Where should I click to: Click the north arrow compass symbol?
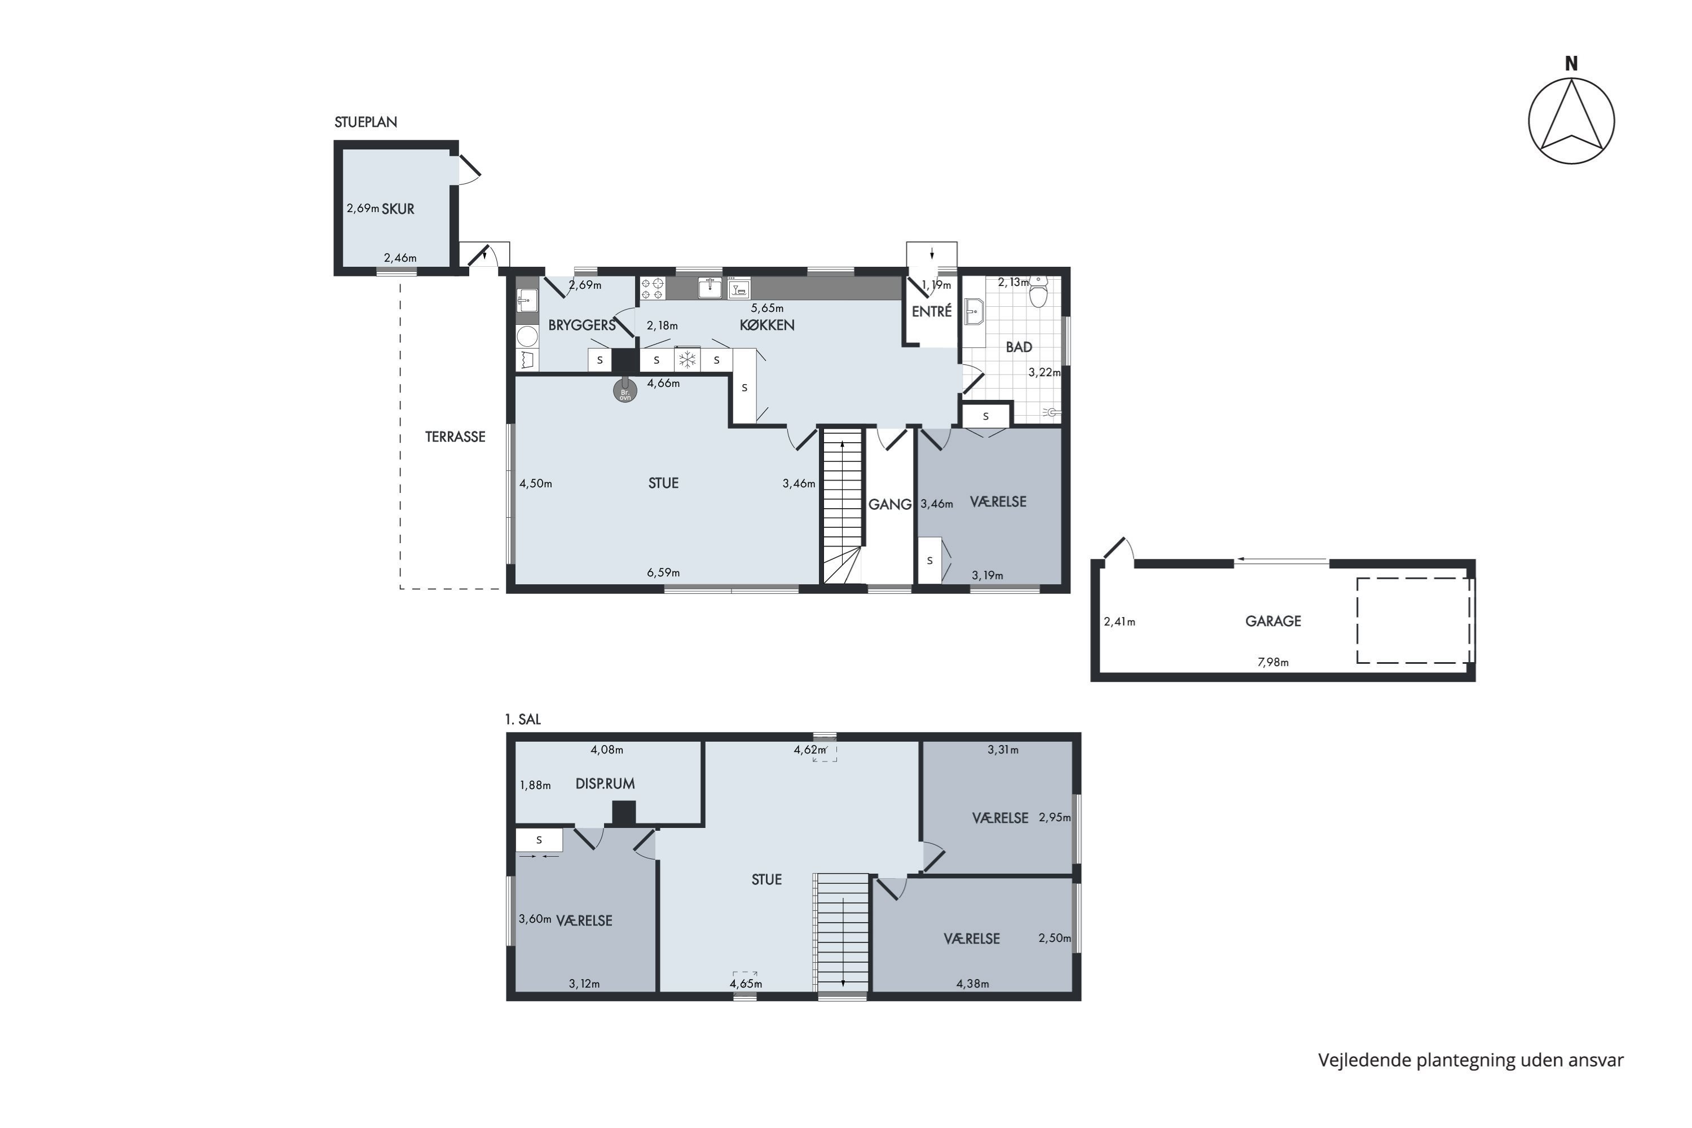1572,121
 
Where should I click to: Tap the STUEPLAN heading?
365,122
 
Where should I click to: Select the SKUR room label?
398,209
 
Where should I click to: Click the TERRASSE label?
455,437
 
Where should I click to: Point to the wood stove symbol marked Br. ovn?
625,391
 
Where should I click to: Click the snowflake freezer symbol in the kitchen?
688,360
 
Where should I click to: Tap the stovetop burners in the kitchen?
653,288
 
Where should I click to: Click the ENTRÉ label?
932,311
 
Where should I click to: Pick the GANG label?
890,505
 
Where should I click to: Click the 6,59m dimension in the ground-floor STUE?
663,572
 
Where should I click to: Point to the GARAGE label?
1274,621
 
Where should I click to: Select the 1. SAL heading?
523,720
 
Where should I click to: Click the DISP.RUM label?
605,784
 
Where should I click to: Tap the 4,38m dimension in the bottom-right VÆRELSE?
972,984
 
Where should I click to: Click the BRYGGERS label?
582,325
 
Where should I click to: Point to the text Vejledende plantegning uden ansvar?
1470,1060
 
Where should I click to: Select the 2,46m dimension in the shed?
400,258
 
